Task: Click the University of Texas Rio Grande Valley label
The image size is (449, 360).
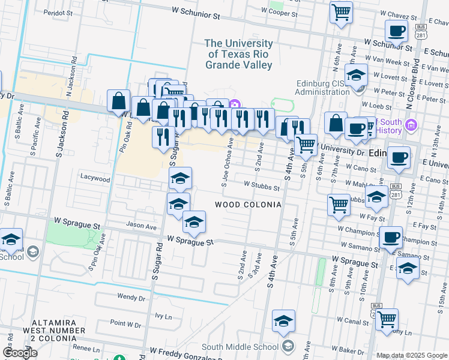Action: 238,54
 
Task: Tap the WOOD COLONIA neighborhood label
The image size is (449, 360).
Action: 249,205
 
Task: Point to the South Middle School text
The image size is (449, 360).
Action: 240,347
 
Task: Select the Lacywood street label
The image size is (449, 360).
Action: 95,179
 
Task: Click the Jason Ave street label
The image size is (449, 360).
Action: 141,227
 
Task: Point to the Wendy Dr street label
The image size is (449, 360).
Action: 131,297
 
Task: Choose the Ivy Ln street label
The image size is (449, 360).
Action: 163,315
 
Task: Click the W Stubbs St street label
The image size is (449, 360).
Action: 262,187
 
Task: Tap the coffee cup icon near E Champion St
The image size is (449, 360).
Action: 391,238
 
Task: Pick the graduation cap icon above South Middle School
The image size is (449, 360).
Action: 283,321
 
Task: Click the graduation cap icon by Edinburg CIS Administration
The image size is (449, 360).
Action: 356,76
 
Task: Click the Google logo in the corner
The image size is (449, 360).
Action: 20,353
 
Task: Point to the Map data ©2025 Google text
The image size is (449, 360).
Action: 412,355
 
